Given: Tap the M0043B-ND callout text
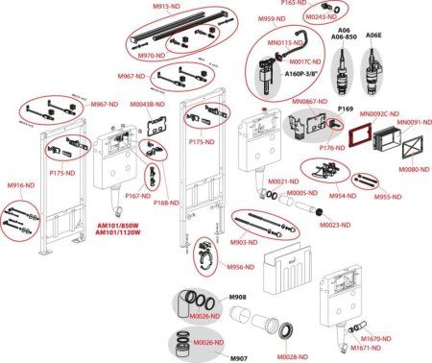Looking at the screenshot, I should point(143,104).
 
